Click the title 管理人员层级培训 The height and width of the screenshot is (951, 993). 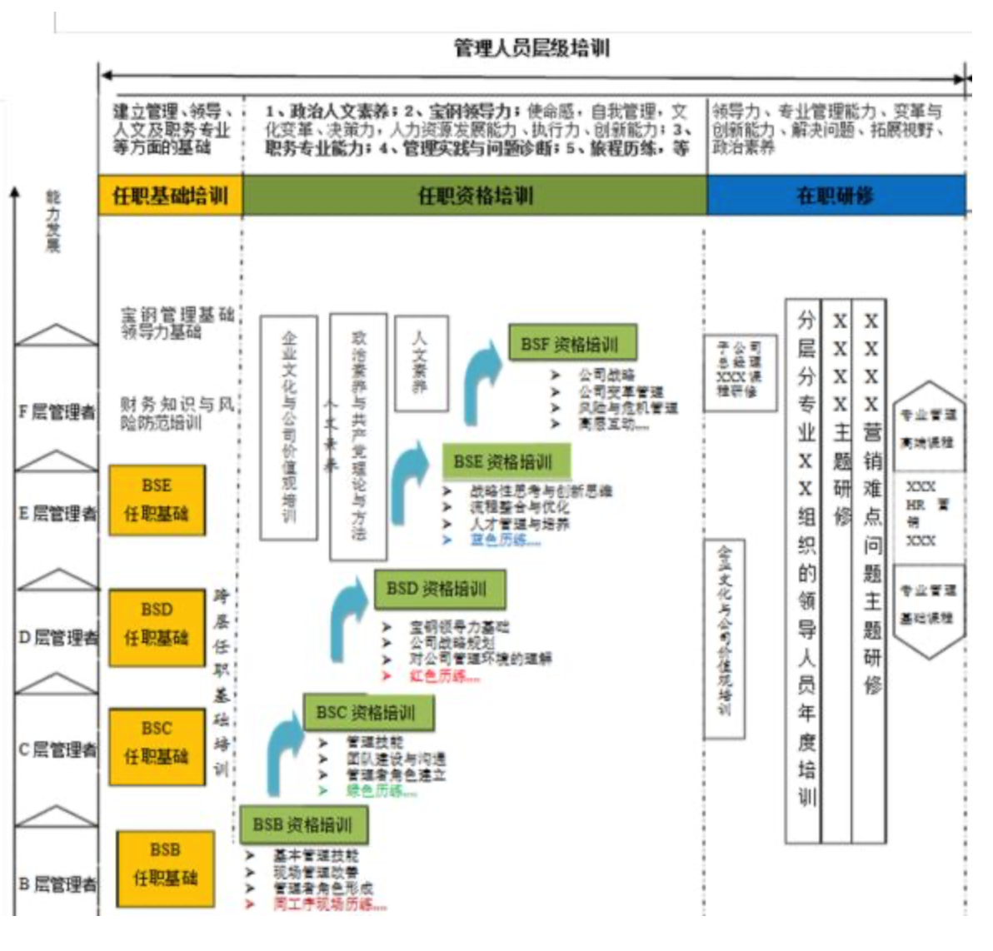point(531,48)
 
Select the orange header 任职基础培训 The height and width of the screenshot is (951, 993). point(170,197)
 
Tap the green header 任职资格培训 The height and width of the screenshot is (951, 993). point(475,197)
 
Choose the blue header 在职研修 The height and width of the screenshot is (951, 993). point(836,197)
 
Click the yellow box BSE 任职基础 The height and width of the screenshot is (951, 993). point(157,500)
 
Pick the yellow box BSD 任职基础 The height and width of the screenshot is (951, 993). point(157,625)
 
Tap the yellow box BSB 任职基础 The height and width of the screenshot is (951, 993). point(165,864)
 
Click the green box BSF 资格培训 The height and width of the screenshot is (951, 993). point(572,344)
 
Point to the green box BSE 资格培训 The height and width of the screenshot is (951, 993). point(506,461)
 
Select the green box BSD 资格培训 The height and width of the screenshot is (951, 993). point(438,589)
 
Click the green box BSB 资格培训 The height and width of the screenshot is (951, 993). point(303,824)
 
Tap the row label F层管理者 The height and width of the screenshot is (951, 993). point(57,411)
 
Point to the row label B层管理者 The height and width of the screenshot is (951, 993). point(57,883)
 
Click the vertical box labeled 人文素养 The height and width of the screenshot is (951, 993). point(421,362)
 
